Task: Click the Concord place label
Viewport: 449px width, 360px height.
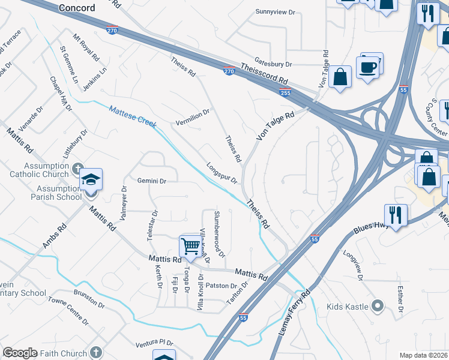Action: pyautogui.click(x=77, y=8)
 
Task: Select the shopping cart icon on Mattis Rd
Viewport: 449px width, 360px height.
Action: pyautogui.click(x=190, y=245)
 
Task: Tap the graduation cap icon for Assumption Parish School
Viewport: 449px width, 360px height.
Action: pyautogui.click(x=91, y=179)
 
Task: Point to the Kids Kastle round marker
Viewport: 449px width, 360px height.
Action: pyautogui.click(x=378, y=307)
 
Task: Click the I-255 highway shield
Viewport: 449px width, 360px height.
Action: pyautogui.click(x=286, y=92)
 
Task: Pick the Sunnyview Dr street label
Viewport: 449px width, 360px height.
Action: pyautogui.click(x=276, y=11)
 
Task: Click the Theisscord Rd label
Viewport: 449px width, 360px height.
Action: pyautogui.click(x=265, y=75)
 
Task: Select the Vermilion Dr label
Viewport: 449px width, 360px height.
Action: pyautogui.click(x=192, y=112)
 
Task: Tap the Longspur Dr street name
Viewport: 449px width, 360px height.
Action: pyautogui.click(x=222, y=173)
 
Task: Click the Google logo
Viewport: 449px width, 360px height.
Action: pyautogui.click(x=20, y=353)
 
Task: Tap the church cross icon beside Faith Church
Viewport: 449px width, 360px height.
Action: pyautogui.click(x=96, y=353)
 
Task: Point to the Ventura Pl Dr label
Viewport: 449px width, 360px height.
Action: pyautogui.click(x=155, y=344)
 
